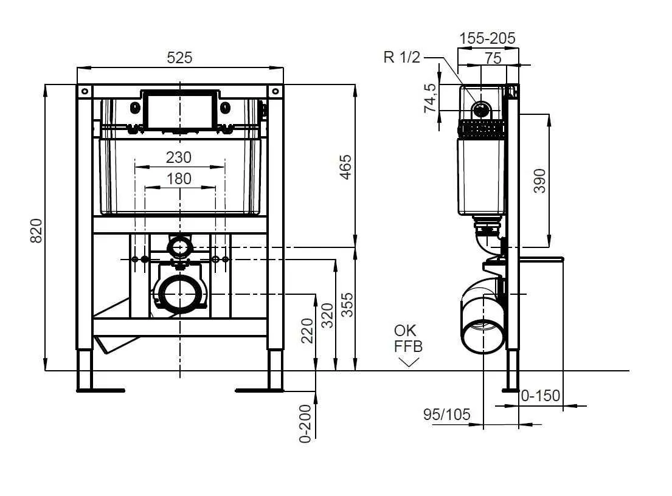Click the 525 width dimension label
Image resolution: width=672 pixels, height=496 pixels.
click(179, 57)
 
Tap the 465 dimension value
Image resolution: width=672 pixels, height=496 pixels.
click(345, 167)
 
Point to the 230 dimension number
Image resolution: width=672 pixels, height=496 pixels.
click(179, 157)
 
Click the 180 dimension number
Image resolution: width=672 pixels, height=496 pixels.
click(179, 179)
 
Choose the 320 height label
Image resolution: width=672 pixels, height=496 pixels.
click(327, 315)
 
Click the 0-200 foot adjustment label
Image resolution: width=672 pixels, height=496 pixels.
click(305, 423)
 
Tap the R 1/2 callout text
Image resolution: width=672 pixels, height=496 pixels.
click(402, 57)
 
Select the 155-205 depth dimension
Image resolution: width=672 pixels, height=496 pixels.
click(487, 38)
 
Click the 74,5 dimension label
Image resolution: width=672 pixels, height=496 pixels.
click(430, 98)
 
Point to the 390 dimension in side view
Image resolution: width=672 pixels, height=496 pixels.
click(540, 181)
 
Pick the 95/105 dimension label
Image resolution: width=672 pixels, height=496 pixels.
click(446, 414)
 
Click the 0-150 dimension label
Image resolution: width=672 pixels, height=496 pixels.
click(541, 395)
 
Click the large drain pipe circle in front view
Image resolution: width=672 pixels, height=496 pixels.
click(180, 294)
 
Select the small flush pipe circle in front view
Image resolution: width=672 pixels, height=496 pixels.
click(180, 247)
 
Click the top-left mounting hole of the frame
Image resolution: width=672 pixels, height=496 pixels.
click(85, 91)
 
